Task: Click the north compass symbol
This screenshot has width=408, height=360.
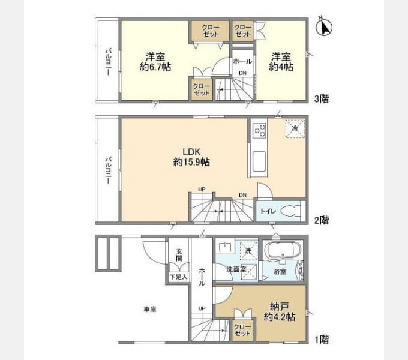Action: click(x=323, y=27)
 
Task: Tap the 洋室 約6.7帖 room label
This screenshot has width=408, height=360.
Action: click(x=155, y=62)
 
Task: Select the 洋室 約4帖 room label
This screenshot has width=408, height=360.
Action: click(x=281, y=62)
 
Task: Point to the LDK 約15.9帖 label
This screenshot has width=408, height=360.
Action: click(x=191, y=157)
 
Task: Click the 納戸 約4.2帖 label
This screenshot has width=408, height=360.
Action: click(x=280, y=312)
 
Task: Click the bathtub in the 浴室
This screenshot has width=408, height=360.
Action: click(x=283, y=250)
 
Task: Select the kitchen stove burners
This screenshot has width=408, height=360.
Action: click(x=260, y=131)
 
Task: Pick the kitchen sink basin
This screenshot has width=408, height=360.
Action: click(x=259, y=161)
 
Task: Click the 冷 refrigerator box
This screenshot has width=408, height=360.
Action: click(x=295, y=128)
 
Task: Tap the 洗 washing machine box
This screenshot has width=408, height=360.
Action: click(x=248, y=251)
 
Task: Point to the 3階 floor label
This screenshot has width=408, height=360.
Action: click(x=322, y=99)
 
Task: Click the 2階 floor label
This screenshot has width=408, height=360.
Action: click(x=322, y=220)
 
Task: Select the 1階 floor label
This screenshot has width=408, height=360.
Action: click(x=322, y=340)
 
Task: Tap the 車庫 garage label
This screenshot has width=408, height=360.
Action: click(x=150, y=310)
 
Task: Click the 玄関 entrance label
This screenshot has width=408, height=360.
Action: click(x=179, y=255)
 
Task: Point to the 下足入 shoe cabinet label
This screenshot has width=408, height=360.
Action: click(x=179, y=277)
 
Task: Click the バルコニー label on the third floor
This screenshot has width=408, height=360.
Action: click(x=109, y=62)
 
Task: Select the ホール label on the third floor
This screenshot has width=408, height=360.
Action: click(x=242, y=61)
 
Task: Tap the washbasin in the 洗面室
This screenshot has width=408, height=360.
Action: click(x=225, y=247)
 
